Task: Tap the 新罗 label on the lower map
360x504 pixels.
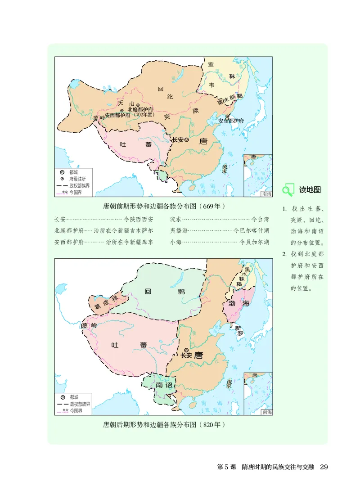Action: click(x=239, y=331)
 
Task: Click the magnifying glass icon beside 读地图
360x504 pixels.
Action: click(x=287, y=190)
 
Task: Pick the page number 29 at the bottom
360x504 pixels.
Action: click(x=324, y=467)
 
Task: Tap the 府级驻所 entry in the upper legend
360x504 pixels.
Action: click(x=77, y=178)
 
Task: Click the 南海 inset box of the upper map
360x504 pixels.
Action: click(x=258, y=175)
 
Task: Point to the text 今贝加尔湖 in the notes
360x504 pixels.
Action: click(x=255, y=242)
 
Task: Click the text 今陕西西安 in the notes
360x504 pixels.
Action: click(x=138, y=220)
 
